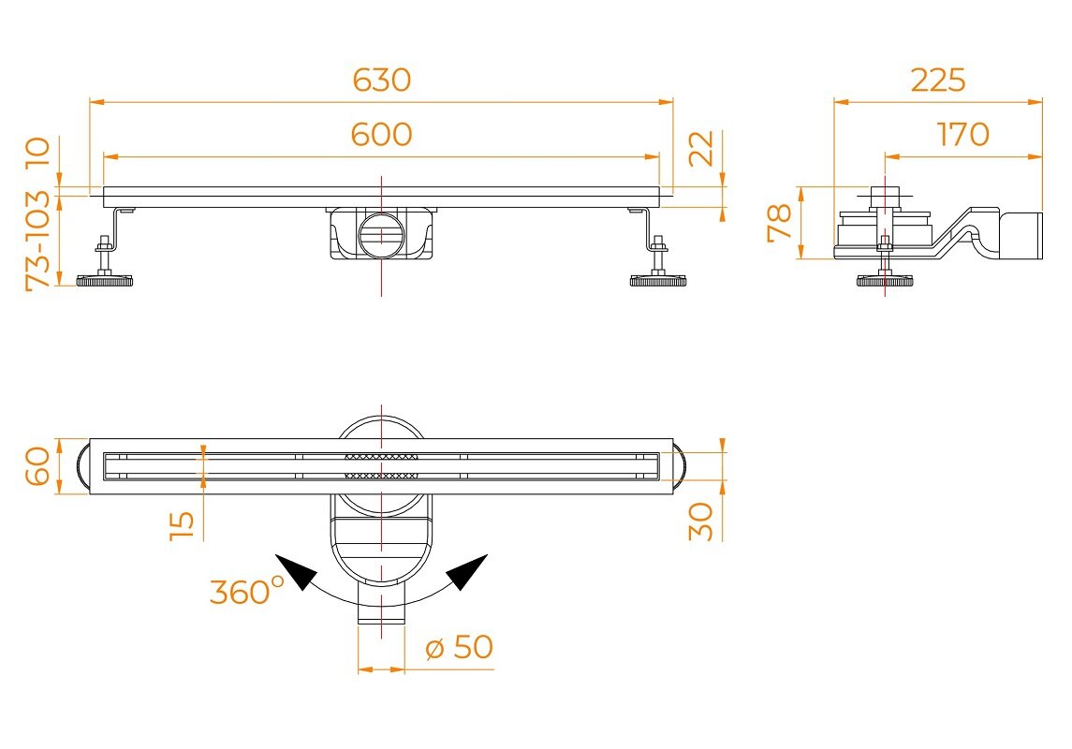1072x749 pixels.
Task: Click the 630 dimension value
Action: click(381, 80)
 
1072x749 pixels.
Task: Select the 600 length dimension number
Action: click(381, 134)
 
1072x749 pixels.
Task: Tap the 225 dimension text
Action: click(938, 80)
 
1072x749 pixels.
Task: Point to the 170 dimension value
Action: click(962, 134)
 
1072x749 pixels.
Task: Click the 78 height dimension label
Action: click(779, 223)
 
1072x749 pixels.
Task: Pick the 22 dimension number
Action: click(700, 148)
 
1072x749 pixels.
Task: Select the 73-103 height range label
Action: click(37, 241)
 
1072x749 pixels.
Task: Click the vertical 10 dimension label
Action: click(37, 153)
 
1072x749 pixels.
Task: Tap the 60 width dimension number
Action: click(37, 466)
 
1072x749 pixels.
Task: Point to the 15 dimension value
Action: click(182, 525)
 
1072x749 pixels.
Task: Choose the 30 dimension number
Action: click(700, 521)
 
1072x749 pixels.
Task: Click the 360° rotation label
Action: click(246, 591)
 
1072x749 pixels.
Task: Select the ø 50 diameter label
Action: click(459, 647)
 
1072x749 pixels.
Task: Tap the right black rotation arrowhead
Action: click(467, 571)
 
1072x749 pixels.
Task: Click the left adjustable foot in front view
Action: click(104, 262)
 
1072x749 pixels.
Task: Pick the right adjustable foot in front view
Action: click(657, 262)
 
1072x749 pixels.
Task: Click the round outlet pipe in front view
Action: click(381, 235)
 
